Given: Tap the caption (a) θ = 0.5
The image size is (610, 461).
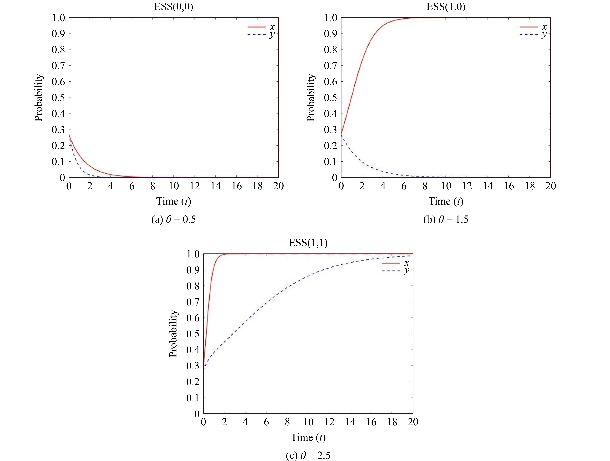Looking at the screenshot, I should [173, 220].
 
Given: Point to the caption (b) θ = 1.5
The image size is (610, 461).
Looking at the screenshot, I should [446, 220].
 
